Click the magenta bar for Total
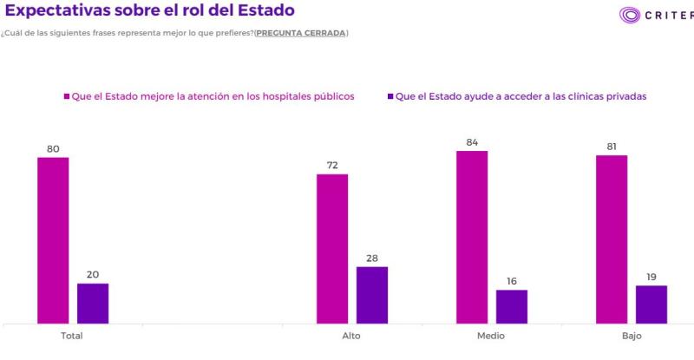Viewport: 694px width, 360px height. tap(53, 240)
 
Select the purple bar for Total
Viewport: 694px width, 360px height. tap(93, 303)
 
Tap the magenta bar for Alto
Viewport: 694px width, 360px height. tap(332, 249)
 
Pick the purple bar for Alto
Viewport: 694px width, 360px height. tap(372, 295)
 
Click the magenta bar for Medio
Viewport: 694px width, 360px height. tap(472, 237)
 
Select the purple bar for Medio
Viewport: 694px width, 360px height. tap(512, 306)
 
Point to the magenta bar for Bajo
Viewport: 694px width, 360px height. tap(612, 239)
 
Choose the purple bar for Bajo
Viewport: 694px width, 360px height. tap(651, 304)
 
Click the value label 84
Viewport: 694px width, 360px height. tap(472, 142)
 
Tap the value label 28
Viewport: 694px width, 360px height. tap(372, 258)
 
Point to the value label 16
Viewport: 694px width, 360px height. tap(512, 281)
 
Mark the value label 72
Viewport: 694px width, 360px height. tap(332, 165)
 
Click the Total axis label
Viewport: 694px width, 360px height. tap(72, 337)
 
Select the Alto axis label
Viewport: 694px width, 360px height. tap(351, 337)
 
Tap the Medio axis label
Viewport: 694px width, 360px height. tap(491, 337)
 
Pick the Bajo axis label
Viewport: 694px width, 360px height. tap(631, 337)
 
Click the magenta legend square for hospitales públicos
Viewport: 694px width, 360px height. tap(66, 96)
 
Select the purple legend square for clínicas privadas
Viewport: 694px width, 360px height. tap(390, 96)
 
